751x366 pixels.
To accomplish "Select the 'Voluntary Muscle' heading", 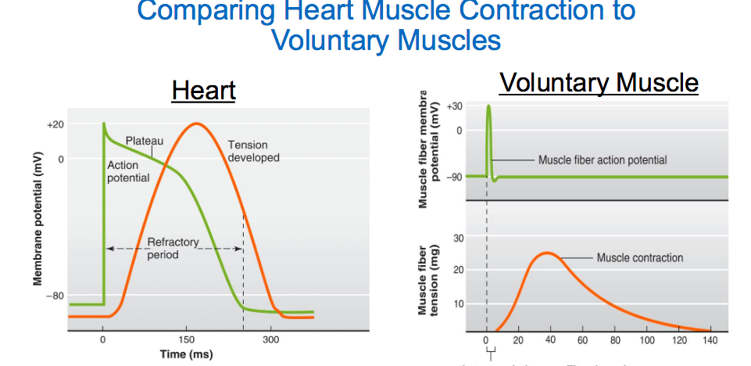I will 599,82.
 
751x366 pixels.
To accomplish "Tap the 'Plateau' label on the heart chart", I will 145,141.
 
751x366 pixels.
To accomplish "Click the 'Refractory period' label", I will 173,249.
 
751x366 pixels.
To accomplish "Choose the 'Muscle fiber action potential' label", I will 603,160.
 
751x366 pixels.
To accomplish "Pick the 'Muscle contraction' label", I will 640,258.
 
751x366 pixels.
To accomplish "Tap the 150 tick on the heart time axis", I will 186,340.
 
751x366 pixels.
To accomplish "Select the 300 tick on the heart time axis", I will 270,340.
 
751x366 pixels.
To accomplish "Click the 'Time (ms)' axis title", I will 184,354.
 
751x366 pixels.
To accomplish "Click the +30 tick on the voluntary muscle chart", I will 454,106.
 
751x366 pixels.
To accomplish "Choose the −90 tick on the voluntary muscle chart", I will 454,177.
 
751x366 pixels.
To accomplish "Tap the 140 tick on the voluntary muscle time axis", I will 710,340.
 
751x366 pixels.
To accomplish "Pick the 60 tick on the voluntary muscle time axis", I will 583,340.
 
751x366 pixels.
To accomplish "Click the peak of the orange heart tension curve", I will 196,123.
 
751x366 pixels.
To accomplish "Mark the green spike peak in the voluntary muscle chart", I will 489,106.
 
